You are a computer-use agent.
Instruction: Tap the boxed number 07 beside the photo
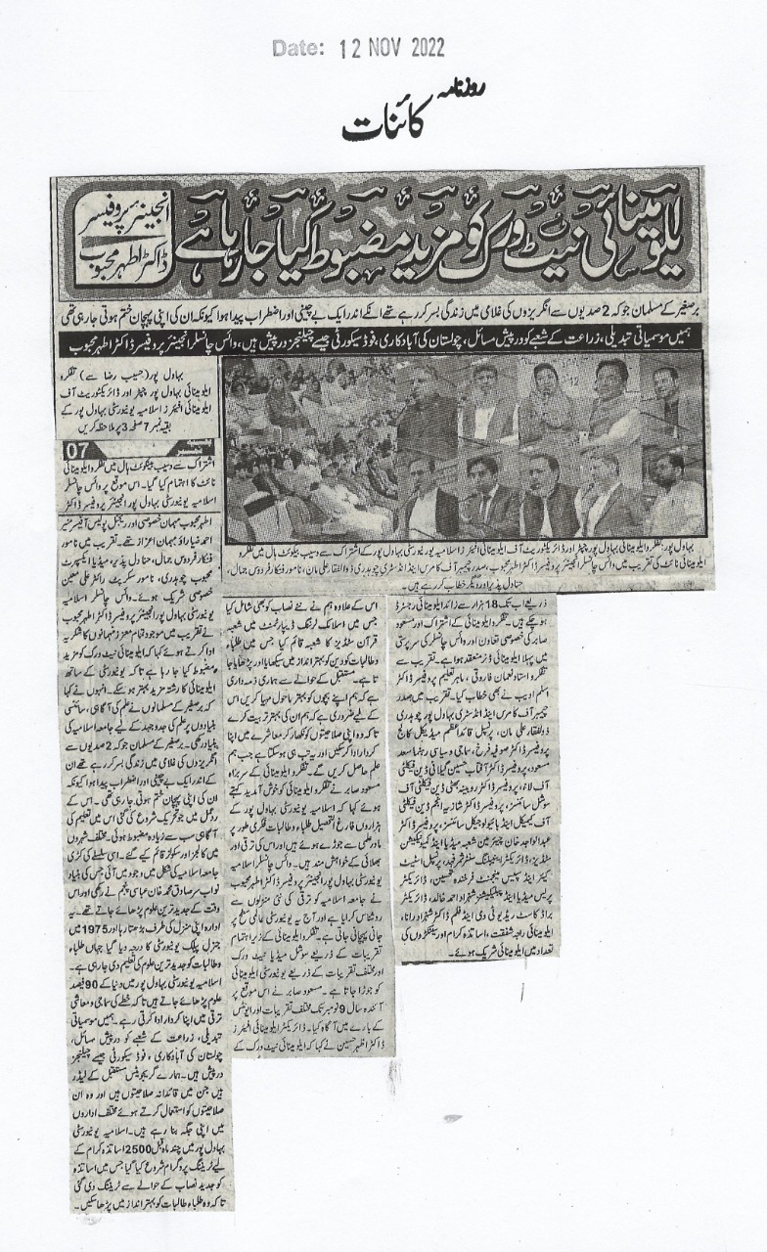[76, 451]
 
